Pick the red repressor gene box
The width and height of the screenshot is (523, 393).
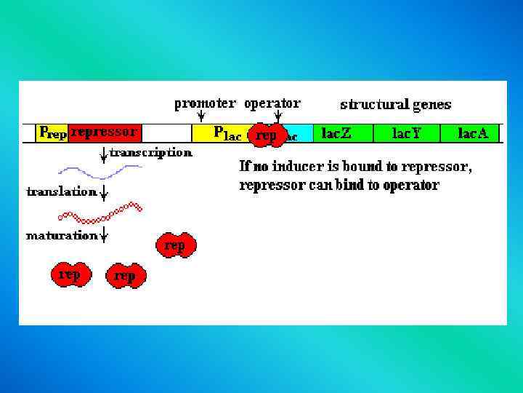[x=106, y=132]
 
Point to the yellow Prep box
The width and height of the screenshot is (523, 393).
[x=53, y=132]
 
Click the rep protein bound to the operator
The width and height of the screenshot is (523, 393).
[x=267, y=135]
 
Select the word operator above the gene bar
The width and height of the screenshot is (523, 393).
[x=272, y=103]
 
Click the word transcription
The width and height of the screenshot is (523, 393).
[x=152, y=153]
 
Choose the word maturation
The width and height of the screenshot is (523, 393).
[x=62, y=236]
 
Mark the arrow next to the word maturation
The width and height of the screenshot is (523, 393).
[x=105, y=235]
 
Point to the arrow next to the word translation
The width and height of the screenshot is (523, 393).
[x=105, y=193]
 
